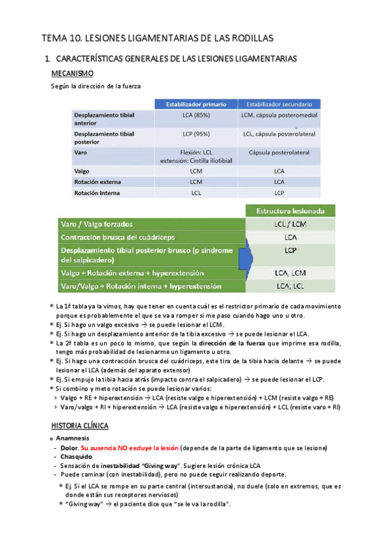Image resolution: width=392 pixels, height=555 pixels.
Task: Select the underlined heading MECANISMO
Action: (x=72, y=73)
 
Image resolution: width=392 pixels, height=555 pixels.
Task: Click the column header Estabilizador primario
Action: (x=196, y=103)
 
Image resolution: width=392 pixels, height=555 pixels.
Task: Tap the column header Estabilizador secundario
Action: (x=279, y=103)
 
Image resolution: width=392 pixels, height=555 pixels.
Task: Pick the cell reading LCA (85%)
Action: (x=196, y=115)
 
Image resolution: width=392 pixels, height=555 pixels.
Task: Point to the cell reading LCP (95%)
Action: (x=196, y=134)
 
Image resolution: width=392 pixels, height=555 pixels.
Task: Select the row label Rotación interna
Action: (x=97, y=193)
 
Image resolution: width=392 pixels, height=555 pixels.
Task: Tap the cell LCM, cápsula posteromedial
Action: (x=279, y=115)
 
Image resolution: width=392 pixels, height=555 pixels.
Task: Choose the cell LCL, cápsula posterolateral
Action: (x=279, y=134)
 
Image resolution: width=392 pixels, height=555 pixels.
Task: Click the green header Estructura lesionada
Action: (x=291, y=211)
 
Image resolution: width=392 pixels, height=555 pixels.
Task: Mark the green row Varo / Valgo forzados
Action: (x=101, y=224)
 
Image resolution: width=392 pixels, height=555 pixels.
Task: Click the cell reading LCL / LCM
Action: (x=291, y=224)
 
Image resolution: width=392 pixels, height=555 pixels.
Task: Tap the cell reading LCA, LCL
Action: (x=291, y=285)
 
